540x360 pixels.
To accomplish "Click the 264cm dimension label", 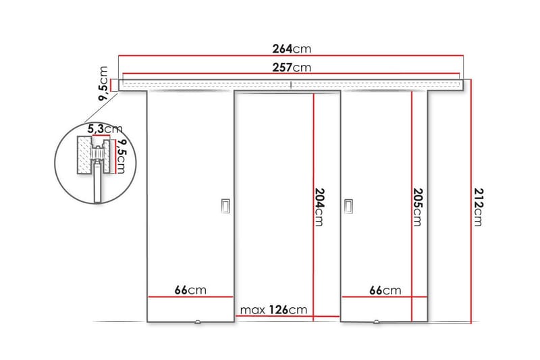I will tap(292, 49).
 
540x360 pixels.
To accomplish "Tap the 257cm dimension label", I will tap(292, 68).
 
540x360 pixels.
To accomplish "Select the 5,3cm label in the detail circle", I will tap(104, 128).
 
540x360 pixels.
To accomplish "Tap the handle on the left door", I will tap(225, 207).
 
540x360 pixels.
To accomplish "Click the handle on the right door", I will tap(349, 207).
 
